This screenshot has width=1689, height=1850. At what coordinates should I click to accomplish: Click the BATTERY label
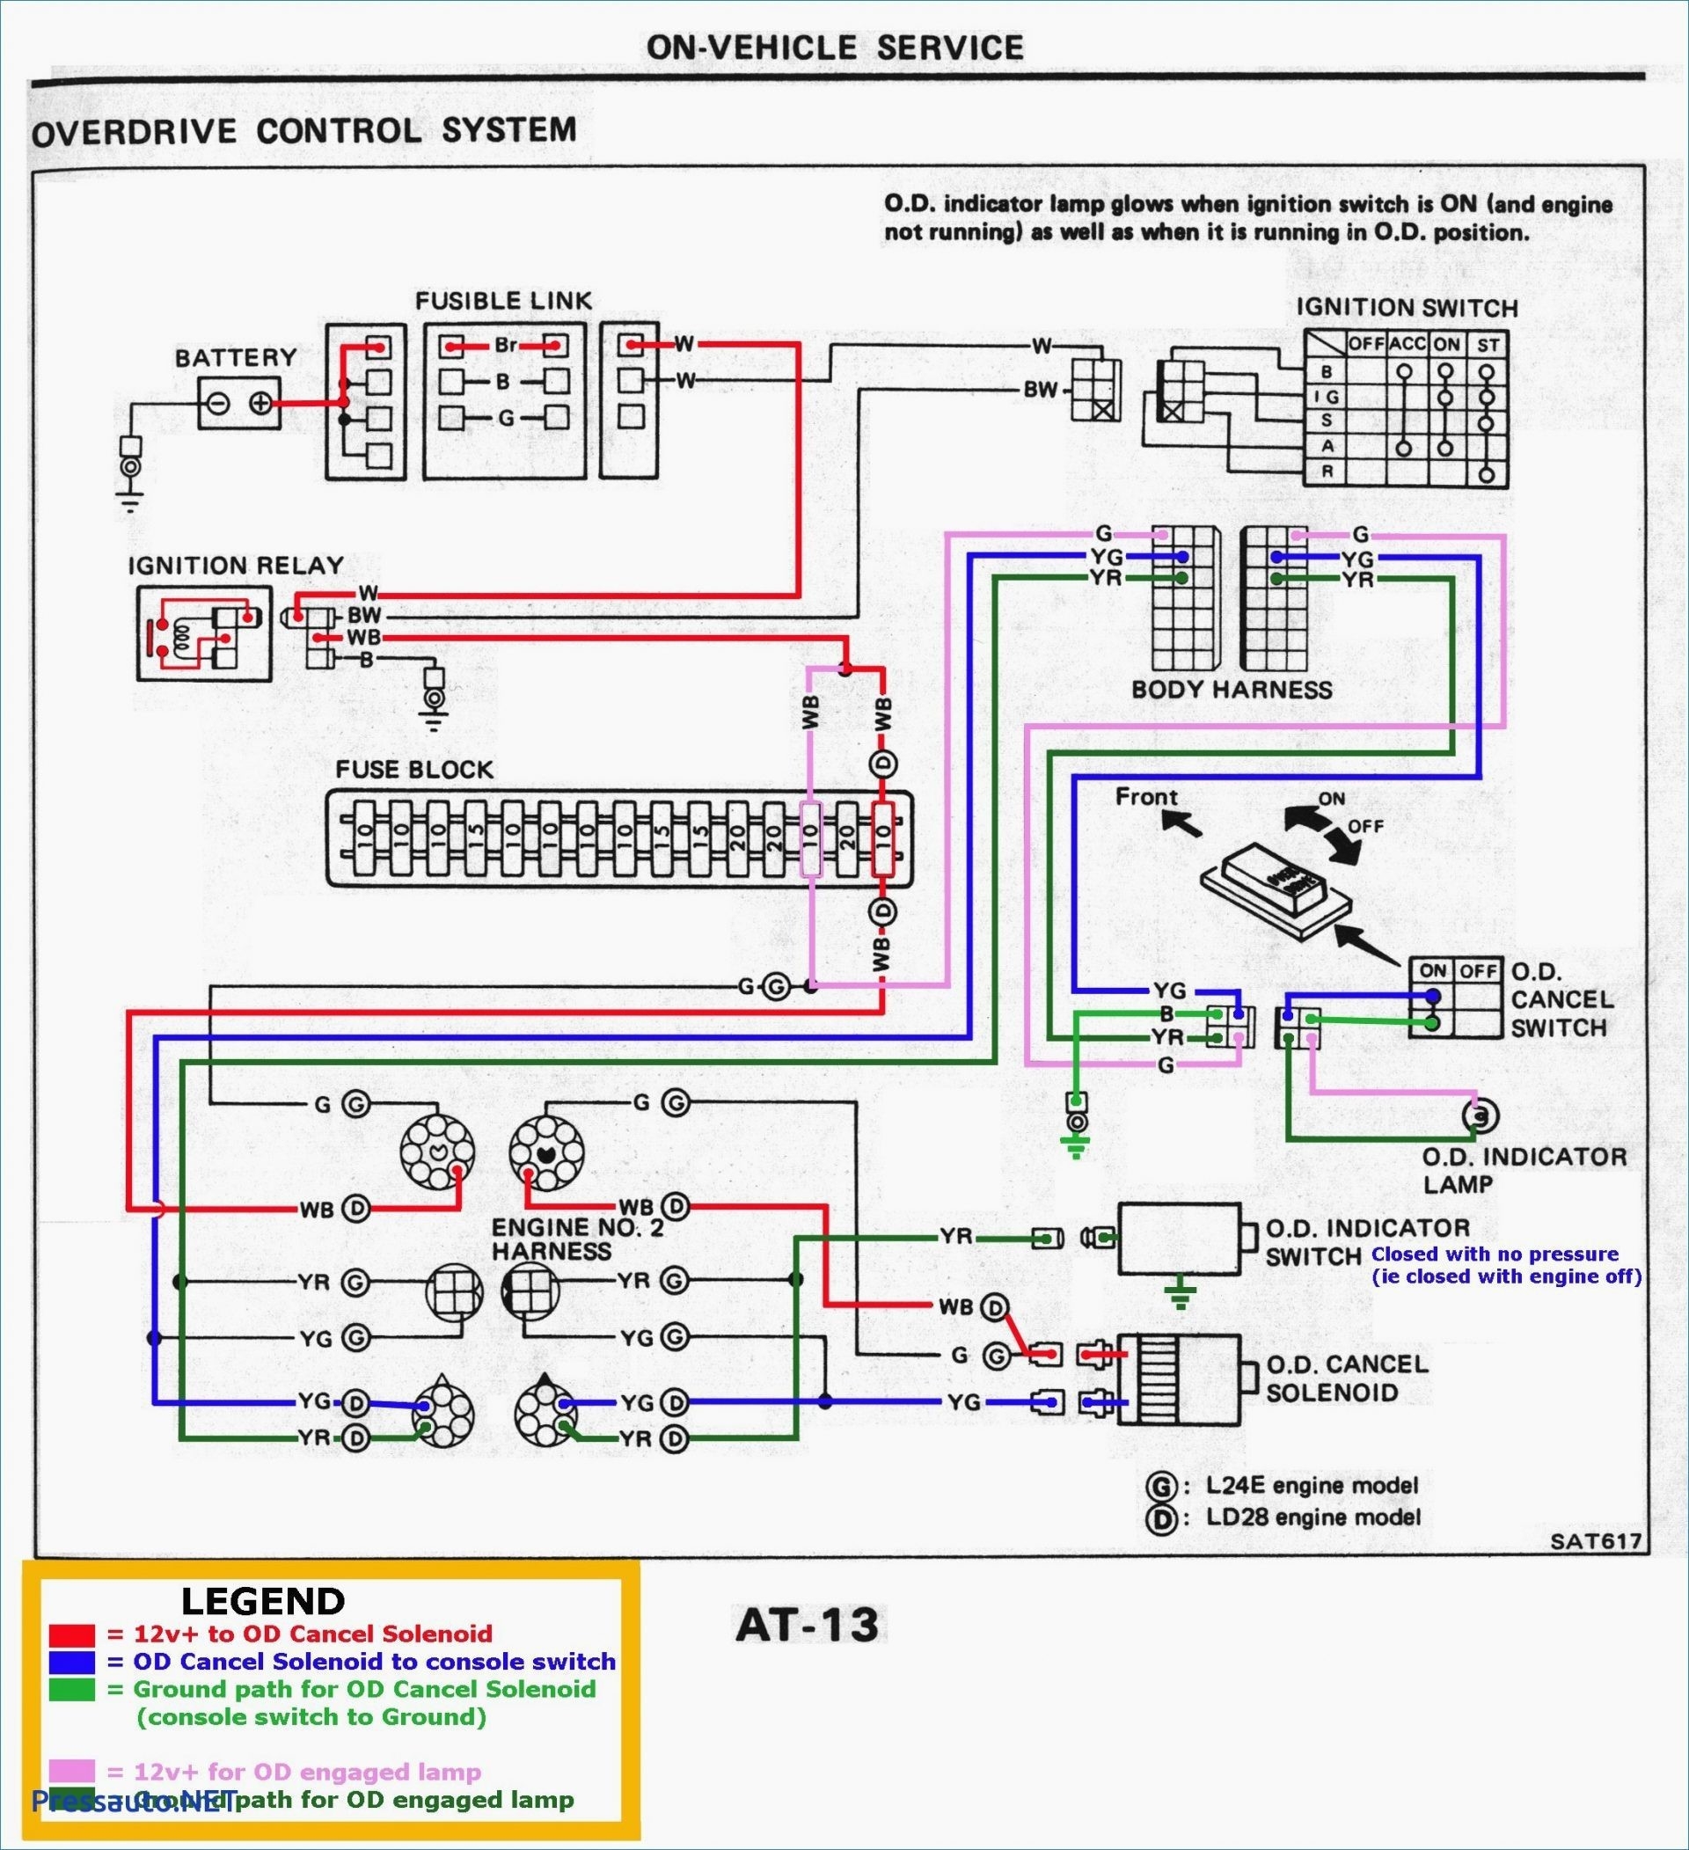(x=236, y=357)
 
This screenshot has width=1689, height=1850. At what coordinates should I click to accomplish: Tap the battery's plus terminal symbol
(x=260, y=403)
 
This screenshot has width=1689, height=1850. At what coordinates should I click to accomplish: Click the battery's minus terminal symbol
(x=218, y=403)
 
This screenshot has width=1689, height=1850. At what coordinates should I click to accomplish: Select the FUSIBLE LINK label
(x=503, y=301)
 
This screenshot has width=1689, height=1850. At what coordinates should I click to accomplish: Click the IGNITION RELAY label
(x=235, y=566)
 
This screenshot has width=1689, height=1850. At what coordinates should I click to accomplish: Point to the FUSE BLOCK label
(x=413, y=769)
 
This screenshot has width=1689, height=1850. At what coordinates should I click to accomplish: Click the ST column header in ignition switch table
(x=1488, y=345)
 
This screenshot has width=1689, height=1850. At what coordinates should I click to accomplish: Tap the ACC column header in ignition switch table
(x=1406, y=344)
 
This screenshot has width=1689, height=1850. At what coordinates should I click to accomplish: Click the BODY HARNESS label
(x=1231, y=690)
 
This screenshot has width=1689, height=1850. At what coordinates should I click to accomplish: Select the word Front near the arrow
(x=1146, y=796)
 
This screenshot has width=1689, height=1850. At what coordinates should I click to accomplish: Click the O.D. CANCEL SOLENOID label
(x=1346, y=1378)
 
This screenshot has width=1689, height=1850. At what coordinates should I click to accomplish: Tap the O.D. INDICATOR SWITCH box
(x=1179, y=1238)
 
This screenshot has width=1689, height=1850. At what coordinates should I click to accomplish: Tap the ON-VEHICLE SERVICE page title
(x=835, y=48)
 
